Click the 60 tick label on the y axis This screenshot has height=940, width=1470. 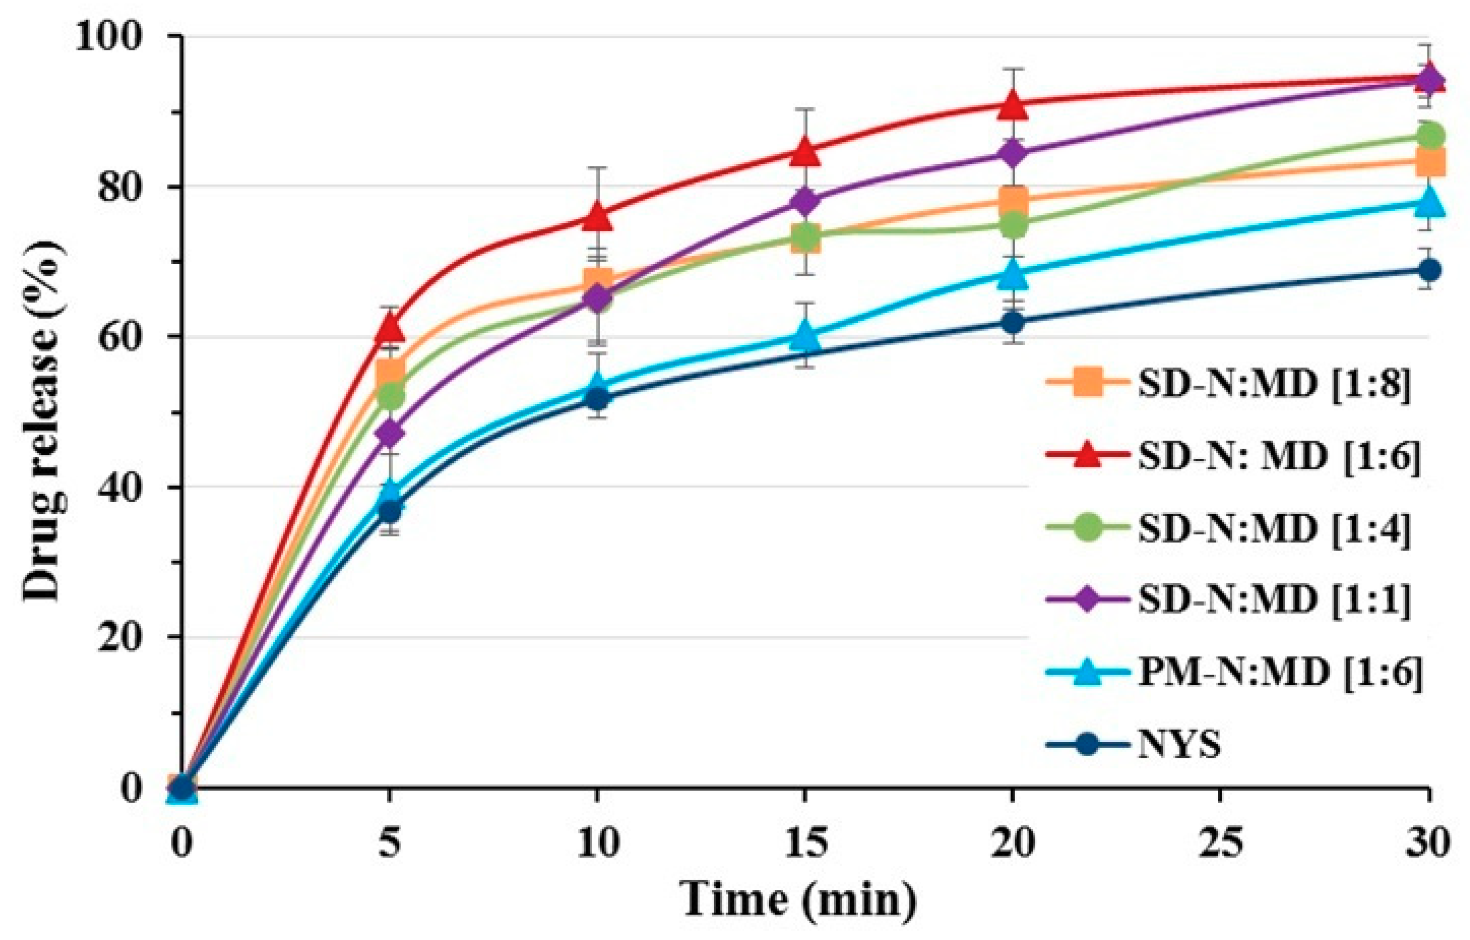(x=130, y=337)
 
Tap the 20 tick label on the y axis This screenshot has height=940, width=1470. (x=130, y=637)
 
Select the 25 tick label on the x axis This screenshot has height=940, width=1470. (x=1220, y=843)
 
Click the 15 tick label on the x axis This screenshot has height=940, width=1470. (x=805, y=843)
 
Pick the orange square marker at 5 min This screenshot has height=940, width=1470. (x=390, y=372)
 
